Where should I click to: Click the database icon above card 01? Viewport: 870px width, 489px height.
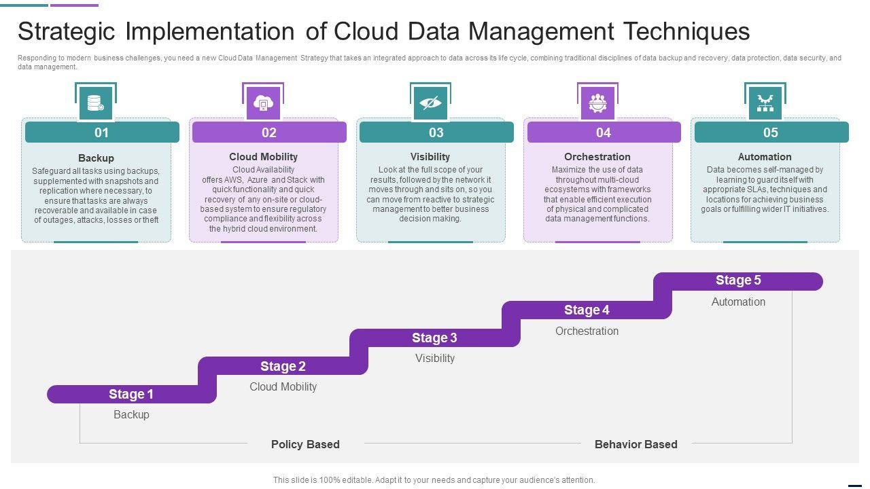click(95, 103)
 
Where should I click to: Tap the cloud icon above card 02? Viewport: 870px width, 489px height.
click(263, 103)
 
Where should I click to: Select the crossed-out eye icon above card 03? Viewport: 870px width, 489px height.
click(430, 103)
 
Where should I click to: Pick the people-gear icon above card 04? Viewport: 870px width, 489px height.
click(598, 103)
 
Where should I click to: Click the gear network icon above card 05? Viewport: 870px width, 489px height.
click(765, 103)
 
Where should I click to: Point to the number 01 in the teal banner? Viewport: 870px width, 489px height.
click(101, 132)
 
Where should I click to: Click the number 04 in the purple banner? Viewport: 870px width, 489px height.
click(604, 132)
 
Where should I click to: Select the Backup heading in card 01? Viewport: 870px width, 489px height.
click(96, 158)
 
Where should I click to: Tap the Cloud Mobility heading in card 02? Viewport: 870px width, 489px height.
click(263, 157)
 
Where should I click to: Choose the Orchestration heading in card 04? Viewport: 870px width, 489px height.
click(597, 157)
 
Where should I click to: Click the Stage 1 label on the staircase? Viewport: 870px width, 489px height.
click(131, 394)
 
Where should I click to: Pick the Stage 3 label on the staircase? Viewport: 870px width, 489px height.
click(434, 338)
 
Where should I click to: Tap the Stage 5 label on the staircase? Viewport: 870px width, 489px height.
click(738, 280)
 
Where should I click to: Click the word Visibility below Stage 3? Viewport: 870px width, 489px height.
click(435, 358)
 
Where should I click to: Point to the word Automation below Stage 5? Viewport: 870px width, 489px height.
click(738, 302)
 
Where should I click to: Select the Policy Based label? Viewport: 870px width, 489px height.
click(305, 444)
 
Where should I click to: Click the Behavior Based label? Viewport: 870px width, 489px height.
click(636, 444)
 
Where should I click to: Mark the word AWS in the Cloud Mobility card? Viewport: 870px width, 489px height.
click(233, 180)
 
